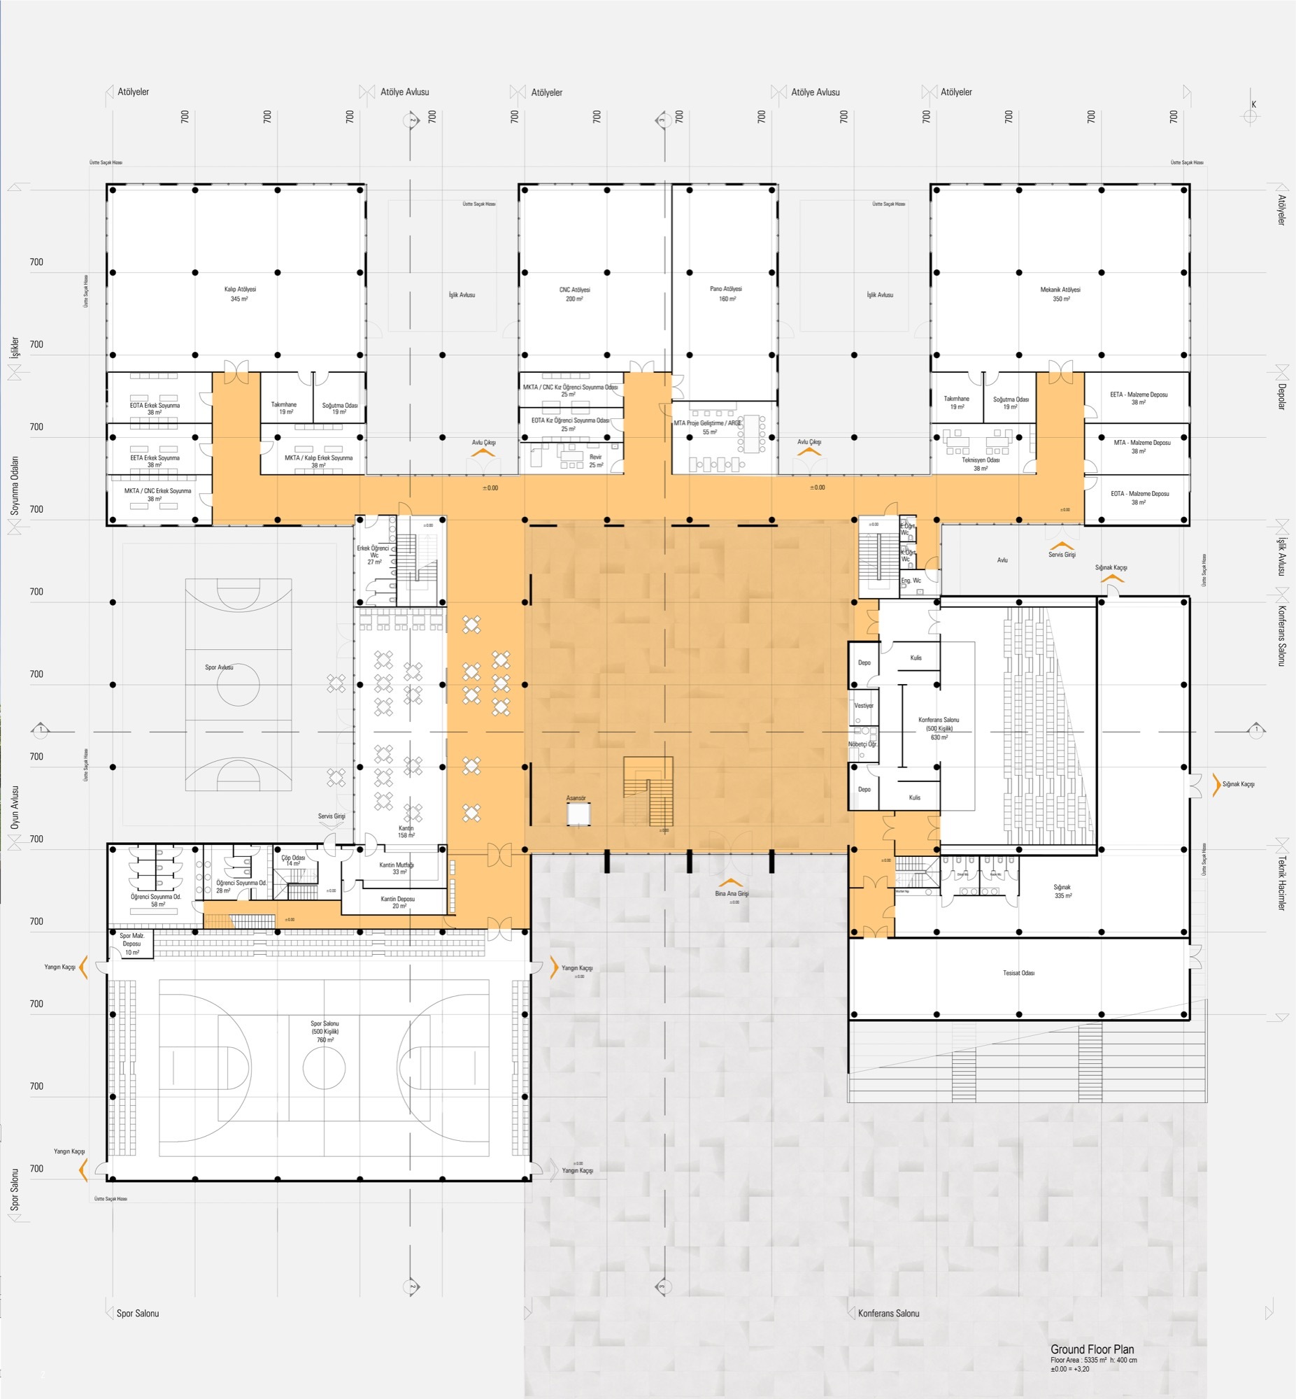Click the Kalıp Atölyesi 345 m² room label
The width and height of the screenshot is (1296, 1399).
240,294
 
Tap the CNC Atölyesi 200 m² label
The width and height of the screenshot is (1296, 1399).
574,294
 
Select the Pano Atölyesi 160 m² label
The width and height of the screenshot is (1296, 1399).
726,293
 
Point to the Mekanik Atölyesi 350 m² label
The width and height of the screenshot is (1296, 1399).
1060,294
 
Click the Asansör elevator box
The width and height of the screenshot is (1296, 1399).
578,814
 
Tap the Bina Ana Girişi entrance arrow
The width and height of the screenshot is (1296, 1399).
731,883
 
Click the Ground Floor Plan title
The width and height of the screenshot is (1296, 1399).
1092,1349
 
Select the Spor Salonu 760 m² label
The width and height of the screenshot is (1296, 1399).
325,1032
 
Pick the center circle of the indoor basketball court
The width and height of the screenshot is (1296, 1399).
324,1067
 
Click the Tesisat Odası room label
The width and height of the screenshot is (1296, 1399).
1018,972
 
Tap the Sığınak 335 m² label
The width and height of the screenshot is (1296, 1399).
1062,891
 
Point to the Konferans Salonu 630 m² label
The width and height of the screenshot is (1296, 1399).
939,728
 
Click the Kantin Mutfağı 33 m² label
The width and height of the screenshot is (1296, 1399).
397,868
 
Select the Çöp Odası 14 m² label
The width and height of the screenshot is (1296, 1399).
293,860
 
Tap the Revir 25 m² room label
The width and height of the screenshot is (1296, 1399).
595,461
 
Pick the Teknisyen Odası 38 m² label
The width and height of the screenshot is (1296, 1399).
980,464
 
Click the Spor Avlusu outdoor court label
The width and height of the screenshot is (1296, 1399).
219,667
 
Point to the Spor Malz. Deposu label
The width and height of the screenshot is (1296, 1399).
132,943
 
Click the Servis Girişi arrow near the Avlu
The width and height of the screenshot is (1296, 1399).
1062,546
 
